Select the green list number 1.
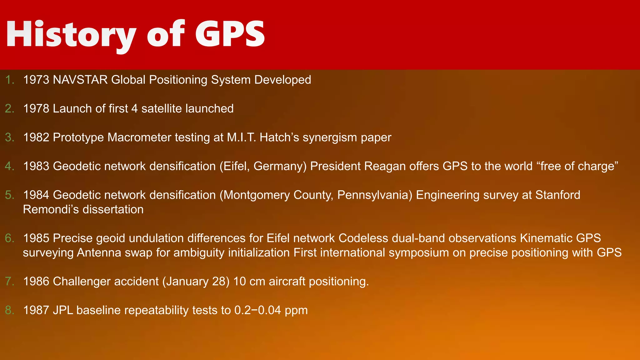[10, 80]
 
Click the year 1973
[36, 80]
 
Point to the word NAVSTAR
[80, 80]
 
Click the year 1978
[36, 109]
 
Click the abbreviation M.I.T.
[242, 137]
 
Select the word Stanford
[558, 195]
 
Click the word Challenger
[82, 282]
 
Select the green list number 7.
[10, 282]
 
